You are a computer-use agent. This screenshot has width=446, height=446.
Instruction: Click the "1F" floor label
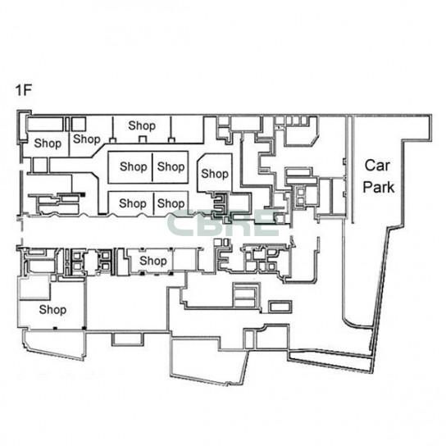[x=23, y=90]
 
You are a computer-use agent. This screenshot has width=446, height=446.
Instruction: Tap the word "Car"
[x=377, y=166]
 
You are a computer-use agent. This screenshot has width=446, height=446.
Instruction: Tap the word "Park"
[x=379, y=187]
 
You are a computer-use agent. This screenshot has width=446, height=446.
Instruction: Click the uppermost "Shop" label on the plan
[x=142, y=125]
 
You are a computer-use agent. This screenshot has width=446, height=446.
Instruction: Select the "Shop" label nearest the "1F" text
[x=48, y=143]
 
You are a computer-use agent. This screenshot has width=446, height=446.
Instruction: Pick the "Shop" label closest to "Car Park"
[x=215, y=174]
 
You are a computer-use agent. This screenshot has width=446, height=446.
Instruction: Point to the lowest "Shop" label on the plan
[x=52, y=310]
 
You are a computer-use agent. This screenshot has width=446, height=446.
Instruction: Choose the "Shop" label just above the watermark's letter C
[x=171, y=203]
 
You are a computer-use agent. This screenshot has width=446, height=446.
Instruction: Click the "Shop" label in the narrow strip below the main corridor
[x=153, y=261]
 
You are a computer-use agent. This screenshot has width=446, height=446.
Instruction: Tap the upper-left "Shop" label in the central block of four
[x=134, y=167]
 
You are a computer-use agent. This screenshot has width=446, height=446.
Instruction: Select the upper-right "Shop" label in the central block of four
[x=171, y=167]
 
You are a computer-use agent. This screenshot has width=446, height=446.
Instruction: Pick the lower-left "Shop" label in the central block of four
[x=133, y=203]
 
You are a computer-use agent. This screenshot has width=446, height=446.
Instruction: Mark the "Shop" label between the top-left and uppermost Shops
[x=87, y=139]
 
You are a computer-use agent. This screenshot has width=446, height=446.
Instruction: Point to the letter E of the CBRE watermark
[x=266, y=223]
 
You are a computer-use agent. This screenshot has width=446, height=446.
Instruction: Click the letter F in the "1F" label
[x=27, y=90]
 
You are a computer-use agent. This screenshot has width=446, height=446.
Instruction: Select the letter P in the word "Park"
[x=367, y=187]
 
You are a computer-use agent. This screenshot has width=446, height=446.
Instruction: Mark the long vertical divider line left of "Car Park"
[x=353, y=170]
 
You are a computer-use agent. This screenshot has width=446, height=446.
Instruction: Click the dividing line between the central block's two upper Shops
[x=152, y=167]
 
